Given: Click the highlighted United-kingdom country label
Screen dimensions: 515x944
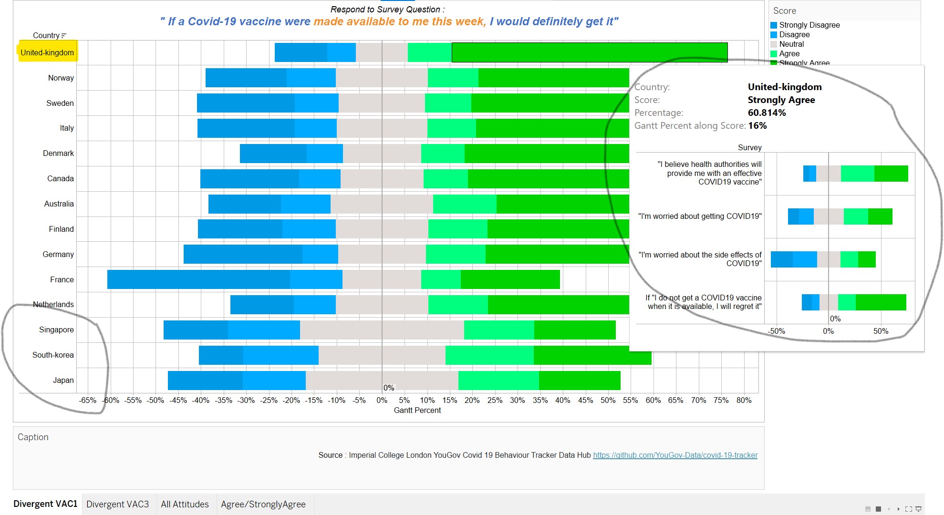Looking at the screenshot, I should tap(47, 52).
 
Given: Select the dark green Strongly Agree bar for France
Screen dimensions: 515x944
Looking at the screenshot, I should tap(510, 279).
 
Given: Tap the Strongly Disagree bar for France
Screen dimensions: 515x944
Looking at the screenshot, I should tap(198, 279).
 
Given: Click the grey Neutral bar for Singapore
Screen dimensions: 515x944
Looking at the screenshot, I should tap(382, 330).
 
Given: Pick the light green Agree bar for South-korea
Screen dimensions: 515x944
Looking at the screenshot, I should tap(489, 355).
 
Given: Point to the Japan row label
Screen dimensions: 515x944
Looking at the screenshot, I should tap(63, 381).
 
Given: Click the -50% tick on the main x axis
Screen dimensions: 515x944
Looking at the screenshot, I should tap(156, 401).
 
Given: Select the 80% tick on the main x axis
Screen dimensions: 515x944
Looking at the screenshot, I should tap(744, 401).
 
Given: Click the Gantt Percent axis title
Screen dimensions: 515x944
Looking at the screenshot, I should tap(417, 411).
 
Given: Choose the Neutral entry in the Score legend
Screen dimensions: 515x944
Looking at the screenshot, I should tap(791, 44).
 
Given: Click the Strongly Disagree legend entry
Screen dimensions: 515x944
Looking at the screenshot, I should tap(809, 25).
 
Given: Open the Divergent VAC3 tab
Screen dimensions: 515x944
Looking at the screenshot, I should tap(118, 505).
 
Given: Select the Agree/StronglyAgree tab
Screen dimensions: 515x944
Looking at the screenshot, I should tap(263, 505).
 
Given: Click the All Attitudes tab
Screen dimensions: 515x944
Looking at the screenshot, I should tap(185, 505).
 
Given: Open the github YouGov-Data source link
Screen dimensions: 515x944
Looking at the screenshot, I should tap(675, 455).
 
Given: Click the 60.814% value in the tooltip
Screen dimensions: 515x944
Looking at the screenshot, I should tap(767, 113).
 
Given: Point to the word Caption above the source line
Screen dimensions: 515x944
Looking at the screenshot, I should tap(33, 437).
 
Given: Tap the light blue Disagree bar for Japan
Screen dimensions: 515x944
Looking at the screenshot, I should tap(274, 381).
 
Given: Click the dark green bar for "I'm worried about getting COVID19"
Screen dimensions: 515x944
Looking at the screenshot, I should tap(880, 216).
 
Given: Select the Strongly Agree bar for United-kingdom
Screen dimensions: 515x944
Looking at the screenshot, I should tap(590, 52).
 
